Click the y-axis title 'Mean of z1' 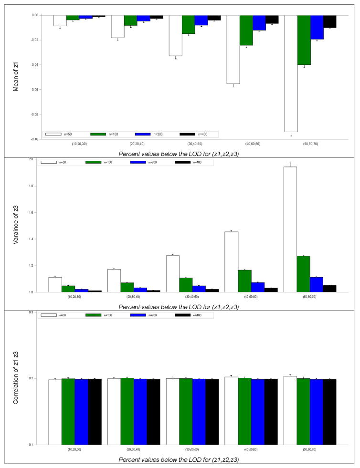[16, 77]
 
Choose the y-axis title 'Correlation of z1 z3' [16, 378]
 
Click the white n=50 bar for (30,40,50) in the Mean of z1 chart [175, 35]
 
